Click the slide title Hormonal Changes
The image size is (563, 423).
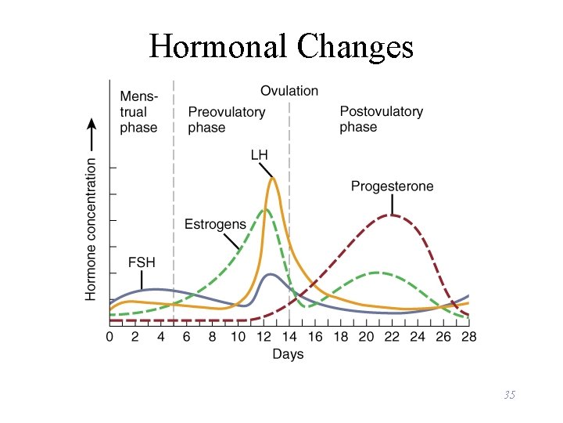point(281,47)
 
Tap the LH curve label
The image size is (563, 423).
point(259,154)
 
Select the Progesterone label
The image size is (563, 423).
point(392,186)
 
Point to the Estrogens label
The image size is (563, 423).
point(215,225)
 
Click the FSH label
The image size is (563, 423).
point(142,262)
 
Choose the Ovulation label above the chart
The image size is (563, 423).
point(289,91)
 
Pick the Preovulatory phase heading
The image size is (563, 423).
point(226,120)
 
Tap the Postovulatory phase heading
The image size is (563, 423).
point(381,119)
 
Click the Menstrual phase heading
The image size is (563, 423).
point(138,112)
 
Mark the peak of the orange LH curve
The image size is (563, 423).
point(272,179)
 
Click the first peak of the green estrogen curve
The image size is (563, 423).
point(265,209)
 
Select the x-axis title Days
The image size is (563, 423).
point(288,354)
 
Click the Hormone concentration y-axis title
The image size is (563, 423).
point(91,229)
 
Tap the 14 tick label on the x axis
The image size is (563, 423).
point(289,337)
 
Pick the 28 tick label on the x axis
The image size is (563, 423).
point(468,337)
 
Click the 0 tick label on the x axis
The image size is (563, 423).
point(109,337)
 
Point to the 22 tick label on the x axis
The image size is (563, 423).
point(392,337)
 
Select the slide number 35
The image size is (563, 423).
point(509,395)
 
